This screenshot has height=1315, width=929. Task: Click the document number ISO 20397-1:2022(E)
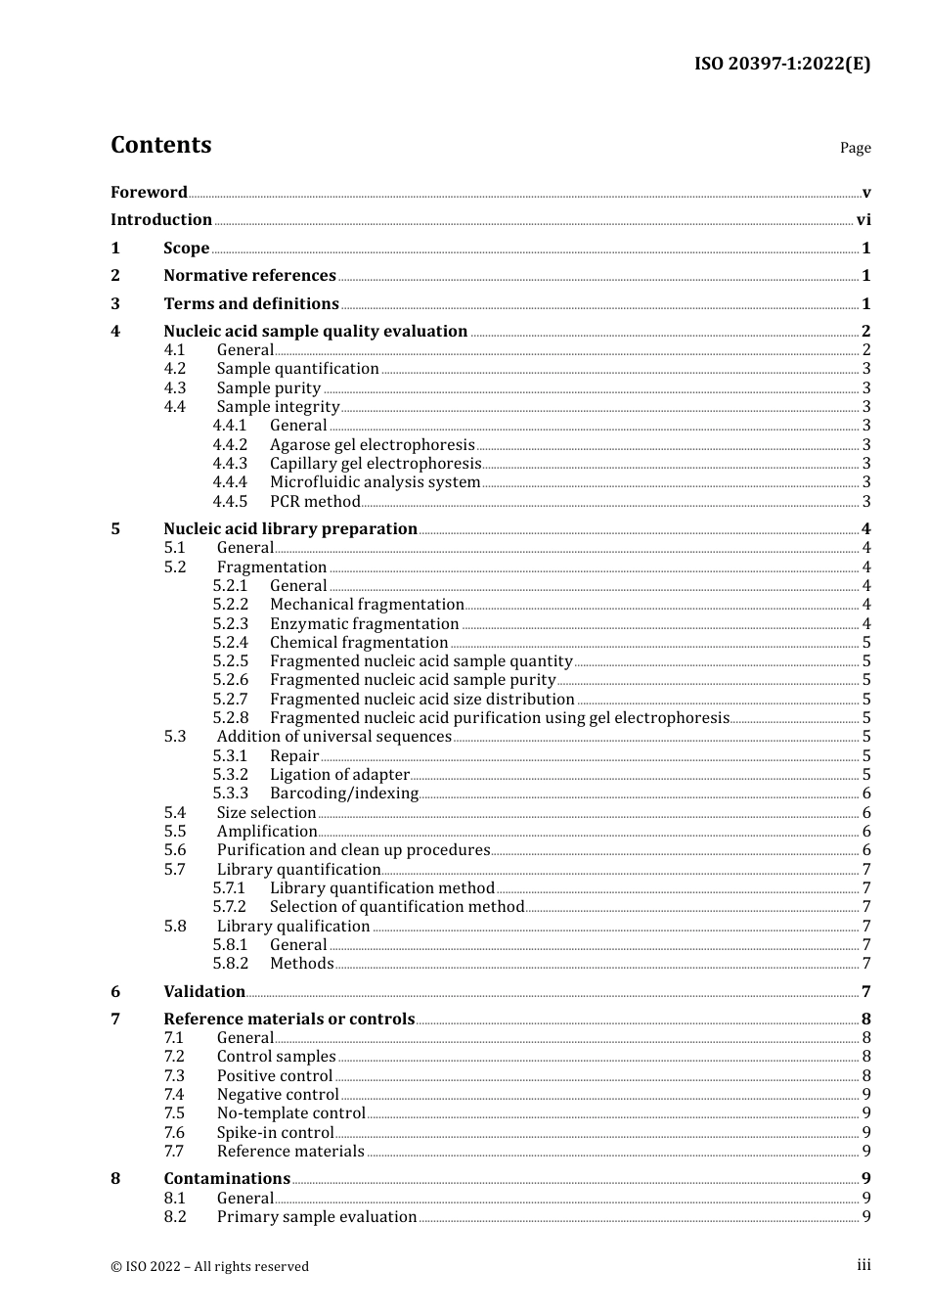[x=781, y=64]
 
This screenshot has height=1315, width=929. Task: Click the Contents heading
[x=160, y=145]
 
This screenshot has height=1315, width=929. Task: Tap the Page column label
[x=855, y=148]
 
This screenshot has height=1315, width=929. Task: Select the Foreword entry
[x=149, y=192]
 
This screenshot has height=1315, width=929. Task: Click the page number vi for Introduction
[x=863, y=220]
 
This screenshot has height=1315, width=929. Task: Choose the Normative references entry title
[x=249, y=276]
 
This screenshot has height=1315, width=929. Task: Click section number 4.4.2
[x=230, y=445]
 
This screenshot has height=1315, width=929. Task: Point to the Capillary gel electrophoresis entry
[x=376, y=464]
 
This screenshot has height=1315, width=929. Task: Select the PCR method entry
[x=315, y=502]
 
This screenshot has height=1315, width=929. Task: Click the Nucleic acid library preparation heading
[x=290, y=529]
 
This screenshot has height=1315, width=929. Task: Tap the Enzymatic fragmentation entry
[x=364, y=624]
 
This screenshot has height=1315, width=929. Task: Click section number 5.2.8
[x=231, y=718]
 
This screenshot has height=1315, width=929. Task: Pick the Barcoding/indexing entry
[x=344, y=794]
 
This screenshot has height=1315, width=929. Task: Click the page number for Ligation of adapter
[x=866, y=775]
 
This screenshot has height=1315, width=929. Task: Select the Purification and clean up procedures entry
[x=353, y=850]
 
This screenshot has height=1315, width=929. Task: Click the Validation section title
[x=204, y=992]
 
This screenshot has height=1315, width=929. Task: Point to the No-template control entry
[x=290, y=1113]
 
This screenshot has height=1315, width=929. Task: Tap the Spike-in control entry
[x=275, y=1133]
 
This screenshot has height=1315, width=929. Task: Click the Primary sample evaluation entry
[x=317, y=1217]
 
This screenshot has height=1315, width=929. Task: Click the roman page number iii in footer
[x=863, y=1265]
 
